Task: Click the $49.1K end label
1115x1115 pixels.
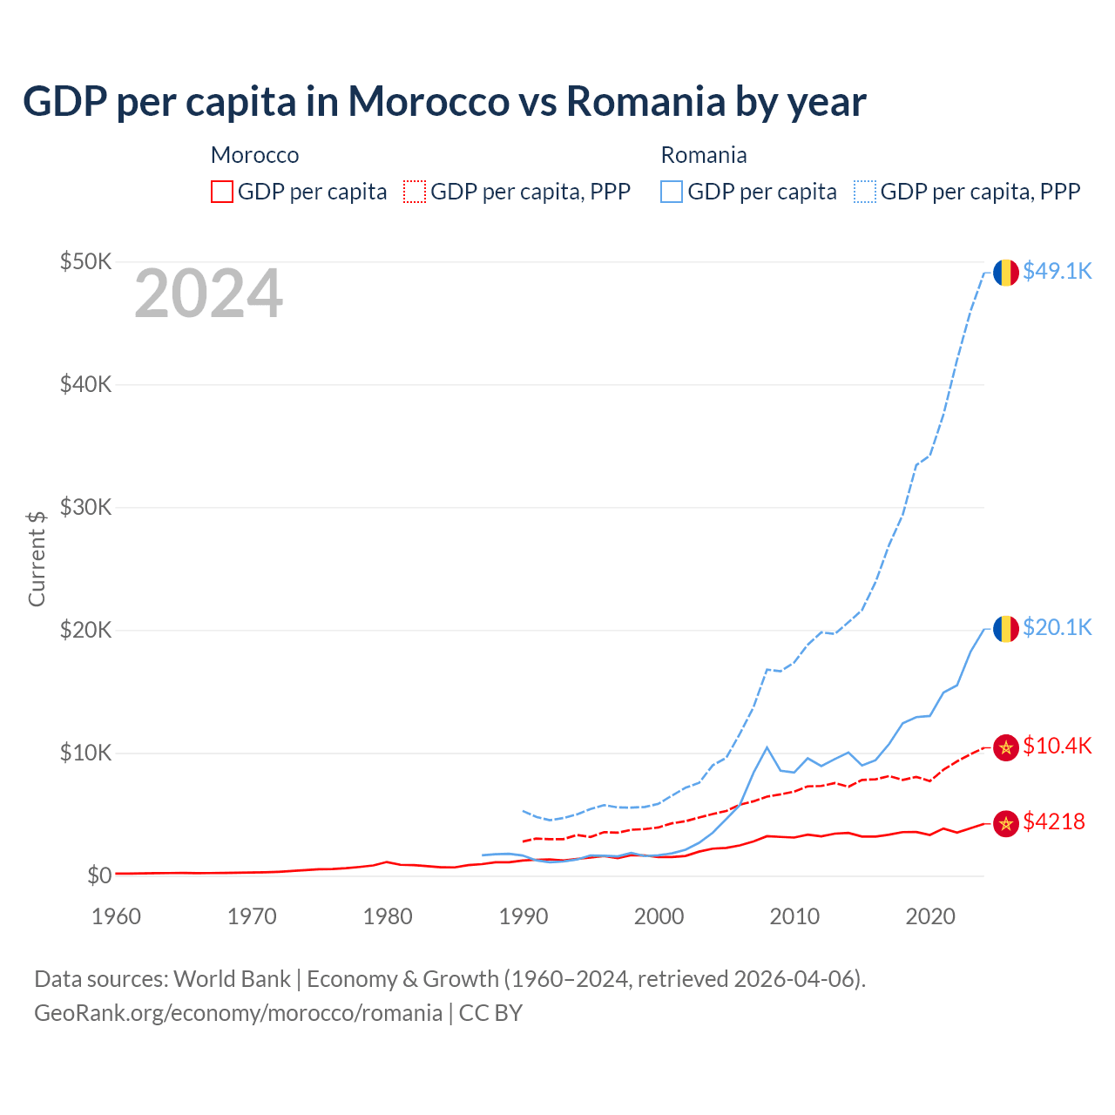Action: [1057, 271]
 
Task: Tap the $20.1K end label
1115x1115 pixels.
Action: [1057, 627]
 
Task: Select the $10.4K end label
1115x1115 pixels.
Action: [1057, 746]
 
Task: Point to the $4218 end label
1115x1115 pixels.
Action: [1054, 821]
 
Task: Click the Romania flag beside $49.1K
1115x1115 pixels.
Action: [1006, 272]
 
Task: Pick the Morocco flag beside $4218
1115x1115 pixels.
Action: [1006, 823]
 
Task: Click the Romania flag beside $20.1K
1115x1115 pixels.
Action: [1006, 628]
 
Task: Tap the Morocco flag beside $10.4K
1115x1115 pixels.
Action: [1006, 747]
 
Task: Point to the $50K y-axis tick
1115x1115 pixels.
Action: [85, 261]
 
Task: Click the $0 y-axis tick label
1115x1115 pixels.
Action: [98, 875]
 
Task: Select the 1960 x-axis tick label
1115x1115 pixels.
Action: [116, 916]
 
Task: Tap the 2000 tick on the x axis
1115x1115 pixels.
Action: [659, 916]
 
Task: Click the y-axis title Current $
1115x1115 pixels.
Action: [37, 557]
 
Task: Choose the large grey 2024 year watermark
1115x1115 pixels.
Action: [208, 294]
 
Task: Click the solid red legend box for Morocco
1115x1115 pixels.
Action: [222, 192]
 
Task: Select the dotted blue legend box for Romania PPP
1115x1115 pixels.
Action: [865, 192]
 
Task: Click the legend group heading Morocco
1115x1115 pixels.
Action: [254, 155]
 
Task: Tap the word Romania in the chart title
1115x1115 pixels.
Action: [645, 101]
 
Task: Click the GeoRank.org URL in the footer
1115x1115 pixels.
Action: [238, 1012]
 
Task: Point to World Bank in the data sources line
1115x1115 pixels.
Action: [232, 978]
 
